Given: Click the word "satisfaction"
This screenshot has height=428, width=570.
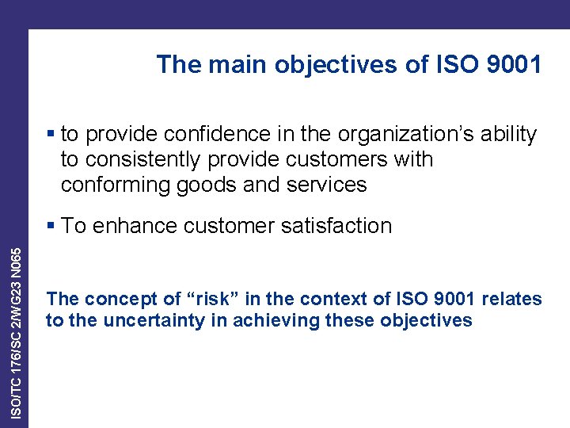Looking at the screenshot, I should pyautogui.click(x=343, y=226).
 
